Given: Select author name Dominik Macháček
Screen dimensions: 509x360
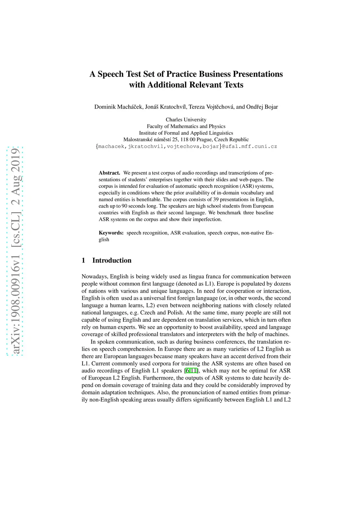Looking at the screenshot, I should (118, 107).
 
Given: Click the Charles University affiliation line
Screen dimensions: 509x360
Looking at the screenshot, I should (186, 120).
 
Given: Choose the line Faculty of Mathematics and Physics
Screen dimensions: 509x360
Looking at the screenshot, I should (186, 126).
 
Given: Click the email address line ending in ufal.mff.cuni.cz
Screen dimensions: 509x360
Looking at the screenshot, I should (186, 146).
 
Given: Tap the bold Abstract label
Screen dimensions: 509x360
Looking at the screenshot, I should (109, 173).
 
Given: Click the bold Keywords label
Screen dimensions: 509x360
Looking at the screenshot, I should (111, 233).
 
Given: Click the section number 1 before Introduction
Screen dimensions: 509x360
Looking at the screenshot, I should (83, 260).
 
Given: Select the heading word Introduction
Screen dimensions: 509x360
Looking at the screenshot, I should (112, 260).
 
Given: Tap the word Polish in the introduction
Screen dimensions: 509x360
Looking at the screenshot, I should (175, 313).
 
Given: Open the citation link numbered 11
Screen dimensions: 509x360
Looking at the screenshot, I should (194, 371).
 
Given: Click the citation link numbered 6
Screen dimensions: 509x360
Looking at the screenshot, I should (187, 371).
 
